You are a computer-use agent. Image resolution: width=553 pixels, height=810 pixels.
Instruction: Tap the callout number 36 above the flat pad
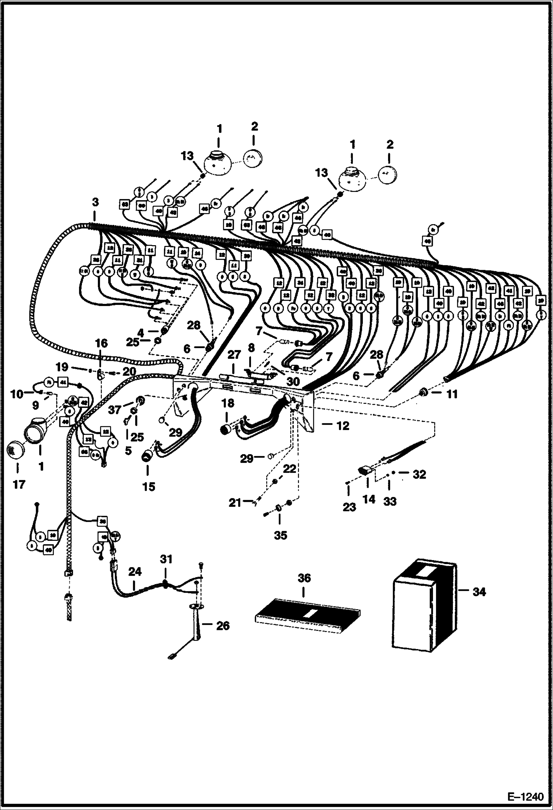tap(304, 578)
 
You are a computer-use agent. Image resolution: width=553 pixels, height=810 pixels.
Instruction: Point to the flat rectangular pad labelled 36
tap(308, 618)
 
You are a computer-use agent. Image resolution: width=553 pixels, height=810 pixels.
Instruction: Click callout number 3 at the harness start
tap(95, 202)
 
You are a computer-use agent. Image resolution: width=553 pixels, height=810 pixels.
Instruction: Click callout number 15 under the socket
tap(148, 487)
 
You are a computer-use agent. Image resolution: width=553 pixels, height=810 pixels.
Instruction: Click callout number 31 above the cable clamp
tap(166, 559)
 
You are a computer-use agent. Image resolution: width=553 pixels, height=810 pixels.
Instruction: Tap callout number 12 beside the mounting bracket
tap(343, 426)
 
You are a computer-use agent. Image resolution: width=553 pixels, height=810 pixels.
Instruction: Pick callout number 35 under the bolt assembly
tap(280, 535)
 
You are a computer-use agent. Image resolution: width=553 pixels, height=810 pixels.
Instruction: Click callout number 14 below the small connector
tap(369, 499)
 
